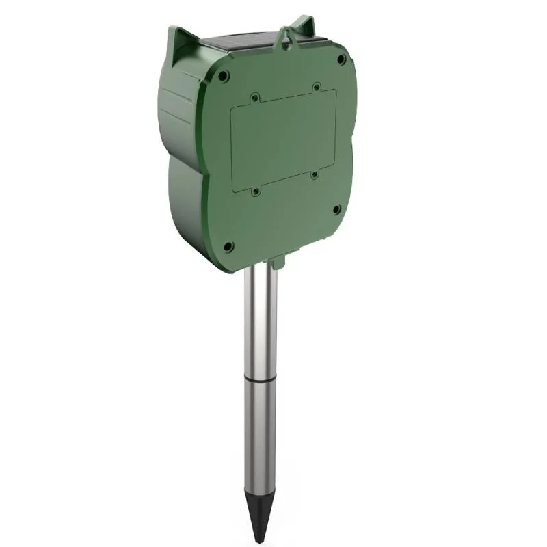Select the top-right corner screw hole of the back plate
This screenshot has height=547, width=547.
(x=340, y=60)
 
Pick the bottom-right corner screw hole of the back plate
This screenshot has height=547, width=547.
(x=336, y=210)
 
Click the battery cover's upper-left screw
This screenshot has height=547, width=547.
(x=254, y=98)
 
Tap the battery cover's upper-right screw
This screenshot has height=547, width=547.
(x=316, y=88)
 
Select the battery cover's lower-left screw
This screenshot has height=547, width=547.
(x=256, y=191)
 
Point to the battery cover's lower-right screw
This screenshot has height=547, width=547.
(x=315, y=175)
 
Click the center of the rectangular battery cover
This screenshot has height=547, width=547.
(x=284, y=140)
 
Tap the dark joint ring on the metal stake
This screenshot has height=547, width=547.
(x=261, y=378)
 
